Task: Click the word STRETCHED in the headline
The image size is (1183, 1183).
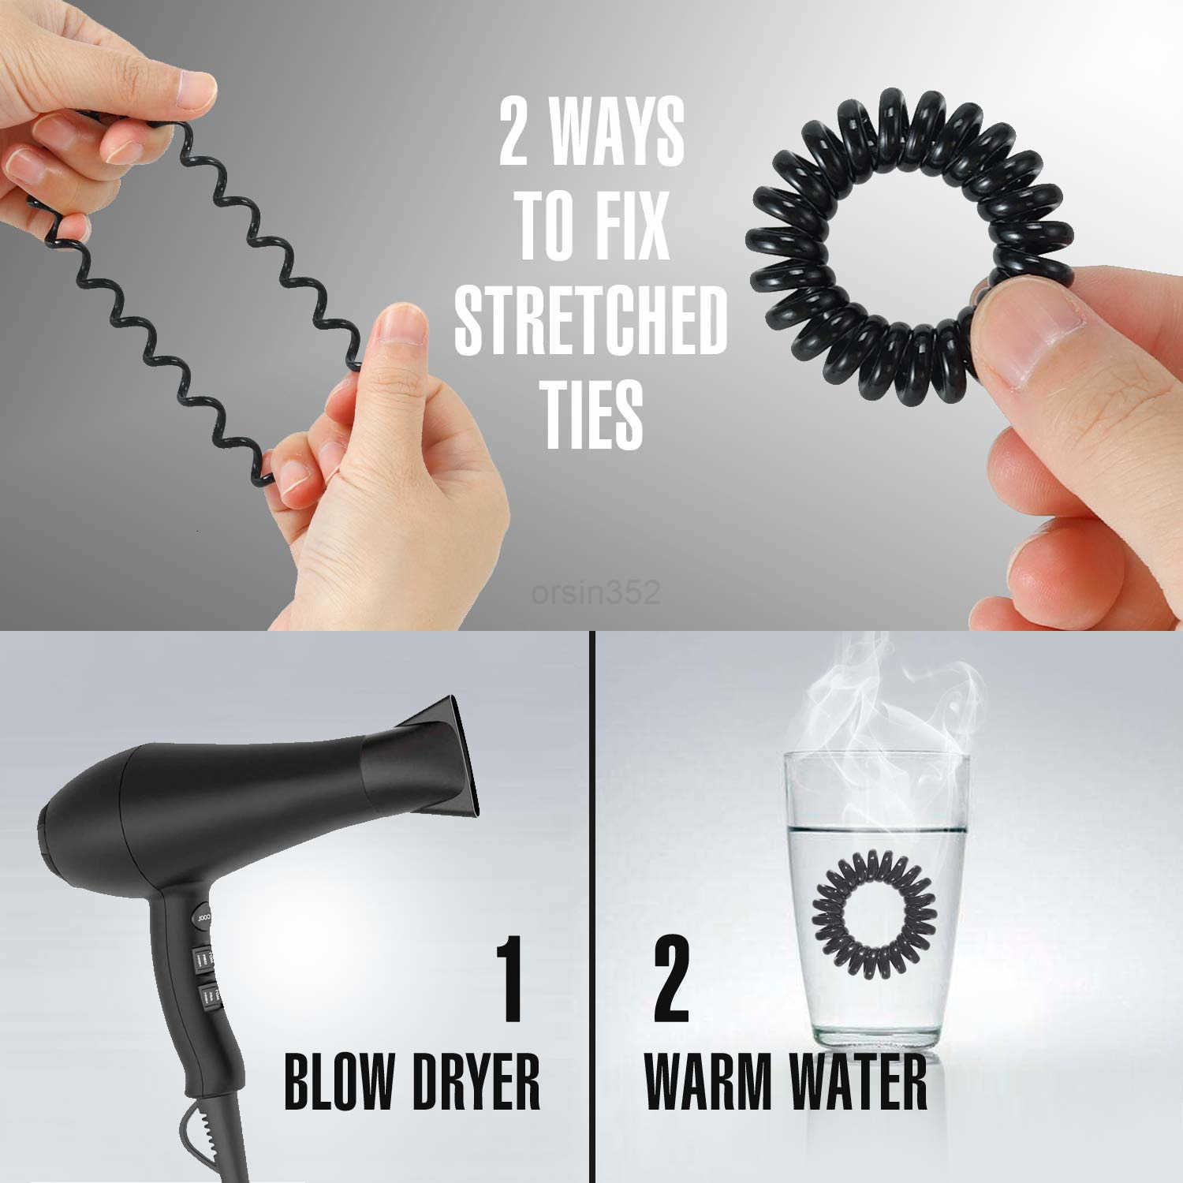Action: pos(591,321)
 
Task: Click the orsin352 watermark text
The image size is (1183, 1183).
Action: pos(595,591)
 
